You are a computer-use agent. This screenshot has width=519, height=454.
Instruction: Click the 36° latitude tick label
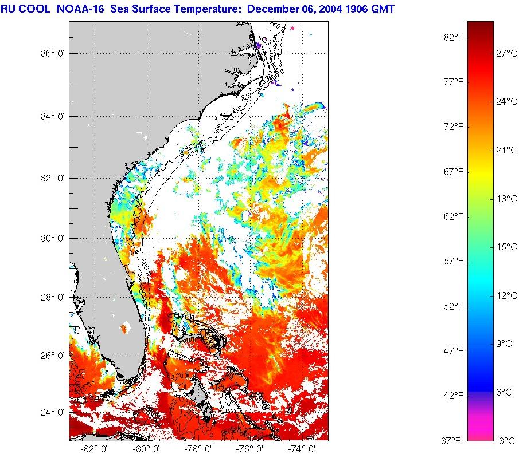50,53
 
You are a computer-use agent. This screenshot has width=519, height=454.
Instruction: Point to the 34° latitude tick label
50,116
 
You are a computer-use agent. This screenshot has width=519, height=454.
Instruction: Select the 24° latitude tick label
50,412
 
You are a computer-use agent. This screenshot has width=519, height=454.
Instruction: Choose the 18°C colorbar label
506,199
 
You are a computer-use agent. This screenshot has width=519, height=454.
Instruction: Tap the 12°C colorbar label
506,295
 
